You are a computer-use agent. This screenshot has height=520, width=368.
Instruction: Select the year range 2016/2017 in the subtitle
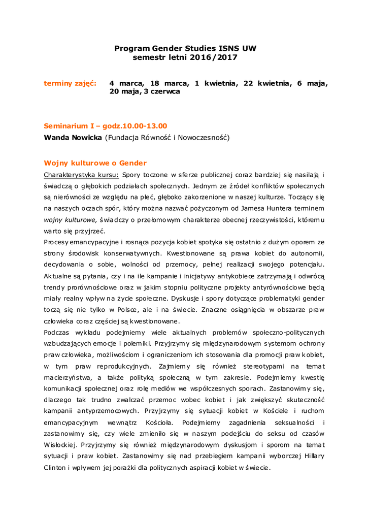(x=215, y=57)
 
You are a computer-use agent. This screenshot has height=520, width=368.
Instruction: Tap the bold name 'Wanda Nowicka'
(x=73, y=138)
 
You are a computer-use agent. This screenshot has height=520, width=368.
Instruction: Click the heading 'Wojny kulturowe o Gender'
(x=95, y=163)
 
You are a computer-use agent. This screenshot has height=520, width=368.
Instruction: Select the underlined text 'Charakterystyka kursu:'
(x=82, y=175)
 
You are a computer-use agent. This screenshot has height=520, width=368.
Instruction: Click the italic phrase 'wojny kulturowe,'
(x=70, y=219)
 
